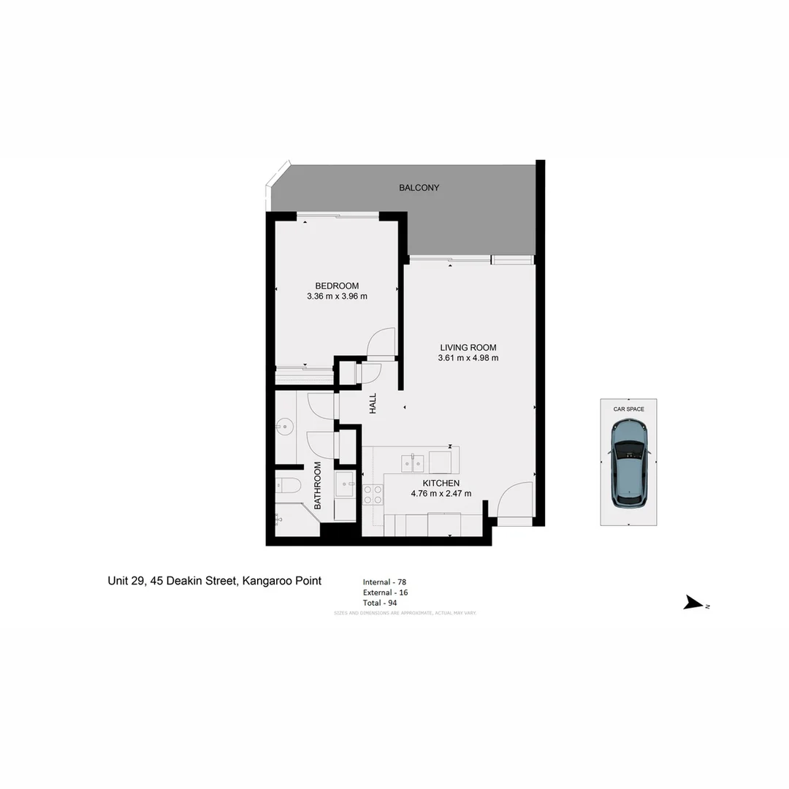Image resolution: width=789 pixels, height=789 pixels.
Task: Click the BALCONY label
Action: [x=419, y=188]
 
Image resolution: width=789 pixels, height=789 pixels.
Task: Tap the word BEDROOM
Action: [x=337, y=286]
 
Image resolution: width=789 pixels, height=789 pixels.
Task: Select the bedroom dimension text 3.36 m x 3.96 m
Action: [x=337, y=297]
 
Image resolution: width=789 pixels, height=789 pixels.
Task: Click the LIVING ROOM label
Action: [x=468, y=348]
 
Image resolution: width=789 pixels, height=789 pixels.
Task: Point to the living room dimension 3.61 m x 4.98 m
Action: [x=468, y=358]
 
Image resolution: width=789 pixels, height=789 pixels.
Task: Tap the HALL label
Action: [x=373, y=403]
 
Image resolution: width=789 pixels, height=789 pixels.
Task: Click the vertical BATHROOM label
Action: [x=318, y=485]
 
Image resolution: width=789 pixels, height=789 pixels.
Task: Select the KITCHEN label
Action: [x=441, y=483]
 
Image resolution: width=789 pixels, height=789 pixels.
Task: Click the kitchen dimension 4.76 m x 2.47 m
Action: [x=441, y=493]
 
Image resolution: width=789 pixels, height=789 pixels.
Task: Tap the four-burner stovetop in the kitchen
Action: [x=373, y=495]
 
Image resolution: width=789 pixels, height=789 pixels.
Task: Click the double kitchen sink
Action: [x=412, y=463]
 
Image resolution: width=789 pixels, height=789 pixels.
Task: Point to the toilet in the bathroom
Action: [x=286, y=485]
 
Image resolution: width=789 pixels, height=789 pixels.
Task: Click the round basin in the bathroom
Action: [x=284, y=427]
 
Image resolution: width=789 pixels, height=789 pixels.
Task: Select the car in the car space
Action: [x=629, y=474]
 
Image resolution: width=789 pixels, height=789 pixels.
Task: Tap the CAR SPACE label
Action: [x=628, y=409]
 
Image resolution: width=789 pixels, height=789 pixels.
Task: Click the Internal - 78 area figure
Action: [x=385, y=582]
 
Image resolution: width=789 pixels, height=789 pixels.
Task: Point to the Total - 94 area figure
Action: [x=380, y=603]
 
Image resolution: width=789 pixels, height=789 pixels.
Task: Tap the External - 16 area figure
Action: [x=386, y=592]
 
